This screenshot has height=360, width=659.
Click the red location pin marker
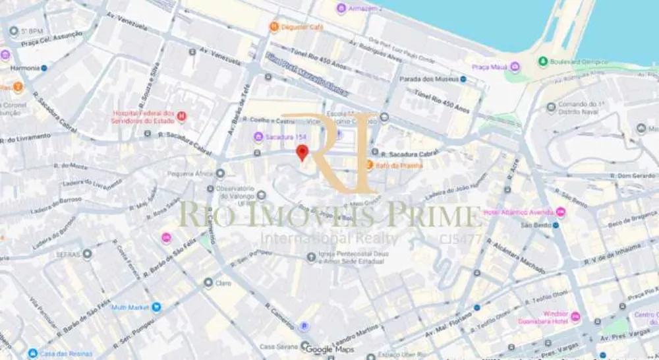(x=302, y=154)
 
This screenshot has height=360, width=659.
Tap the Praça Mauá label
(x=489, y=67)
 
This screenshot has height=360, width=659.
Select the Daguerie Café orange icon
(x=274, y=26)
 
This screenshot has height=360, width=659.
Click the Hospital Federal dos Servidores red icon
(x=182, y=116)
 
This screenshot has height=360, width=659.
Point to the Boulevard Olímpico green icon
(x=543, y=61)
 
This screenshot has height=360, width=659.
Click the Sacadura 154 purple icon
(x=258, y=136)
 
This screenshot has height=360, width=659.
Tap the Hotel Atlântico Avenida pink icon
(x=561, y=212)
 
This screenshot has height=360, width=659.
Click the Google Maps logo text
(x=333, y=349)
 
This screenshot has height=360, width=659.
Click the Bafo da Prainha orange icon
(x=370, y=165)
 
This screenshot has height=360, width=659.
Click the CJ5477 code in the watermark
(x=461, y=239)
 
